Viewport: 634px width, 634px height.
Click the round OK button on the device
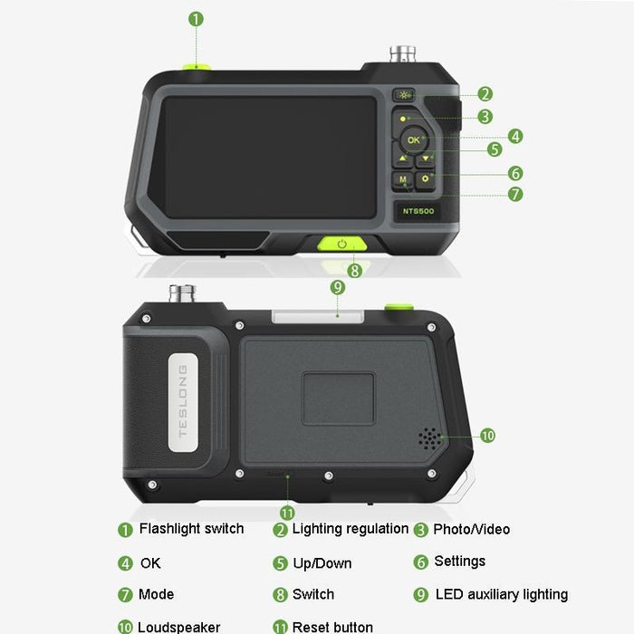[413, 140]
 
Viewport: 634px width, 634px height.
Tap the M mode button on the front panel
[403, 180]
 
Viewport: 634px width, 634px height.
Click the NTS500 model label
[418, 211]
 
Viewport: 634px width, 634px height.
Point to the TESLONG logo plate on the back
[182, 400]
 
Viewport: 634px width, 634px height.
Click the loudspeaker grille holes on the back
[429, 437]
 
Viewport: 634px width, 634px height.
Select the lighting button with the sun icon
[404, 94]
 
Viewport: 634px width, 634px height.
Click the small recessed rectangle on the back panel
[338, 398]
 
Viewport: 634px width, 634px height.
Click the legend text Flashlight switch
[191, 529]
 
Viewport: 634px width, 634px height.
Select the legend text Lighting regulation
[350, 529]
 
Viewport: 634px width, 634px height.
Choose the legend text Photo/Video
[471, 530]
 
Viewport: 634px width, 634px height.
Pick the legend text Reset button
[332, 627]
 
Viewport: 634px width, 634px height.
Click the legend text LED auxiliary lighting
[502, 595]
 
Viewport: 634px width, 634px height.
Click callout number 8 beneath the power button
[355, 270]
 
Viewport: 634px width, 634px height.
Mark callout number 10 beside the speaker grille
[487, 436]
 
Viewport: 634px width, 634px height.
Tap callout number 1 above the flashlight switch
[197, 18]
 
